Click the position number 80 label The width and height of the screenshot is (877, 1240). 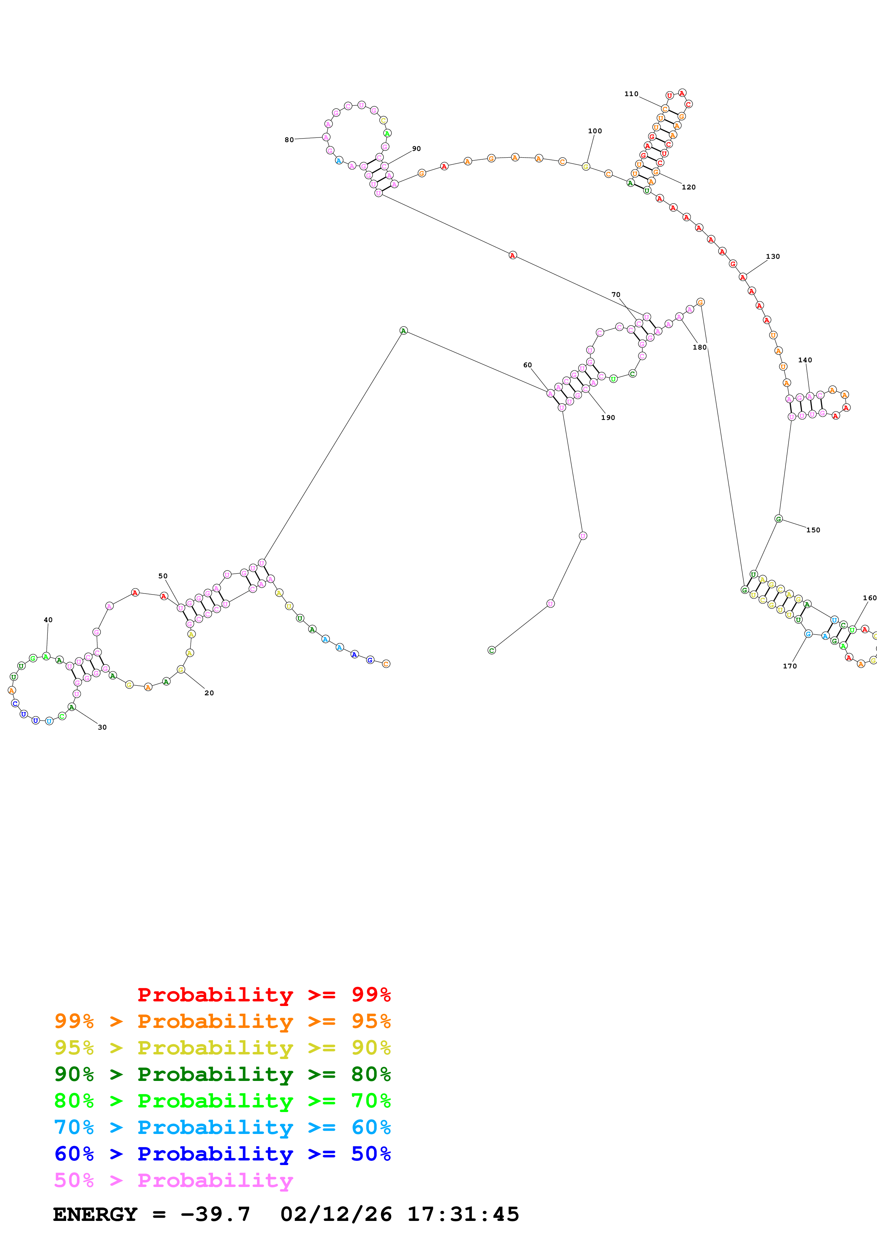(289, 140)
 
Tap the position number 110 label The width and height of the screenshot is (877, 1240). (631, 94)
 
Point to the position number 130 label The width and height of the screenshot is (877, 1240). (773, 257)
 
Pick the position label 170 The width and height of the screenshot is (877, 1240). (790, 666)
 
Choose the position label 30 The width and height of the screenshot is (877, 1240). (102, 727)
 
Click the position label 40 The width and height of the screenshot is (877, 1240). (48, 620)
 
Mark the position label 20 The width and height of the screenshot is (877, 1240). (209, 693)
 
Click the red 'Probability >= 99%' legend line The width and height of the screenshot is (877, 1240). (264, 995)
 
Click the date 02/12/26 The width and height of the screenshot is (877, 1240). (336, 1214)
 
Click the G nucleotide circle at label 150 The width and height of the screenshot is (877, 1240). (778, 519)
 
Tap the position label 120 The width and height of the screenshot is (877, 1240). (688, 187)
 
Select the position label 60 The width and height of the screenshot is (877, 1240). (527, 365)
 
